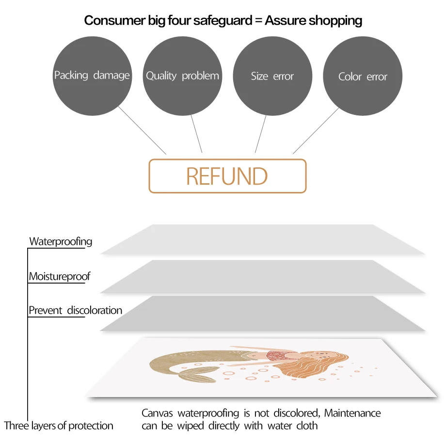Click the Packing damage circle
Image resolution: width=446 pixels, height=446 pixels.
(92, 76)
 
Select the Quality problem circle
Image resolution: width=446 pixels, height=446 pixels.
(182, 76)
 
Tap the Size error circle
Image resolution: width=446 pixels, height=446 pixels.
(272, 76)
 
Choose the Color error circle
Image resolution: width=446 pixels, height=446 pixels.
(363, 76)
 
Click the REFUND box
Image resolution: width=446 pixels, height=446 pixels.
(227, 176)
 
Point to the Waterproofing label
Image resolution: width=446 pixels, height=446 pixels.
(61, 241)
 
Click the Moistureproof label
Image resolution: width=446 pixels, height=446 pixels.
(60, 277)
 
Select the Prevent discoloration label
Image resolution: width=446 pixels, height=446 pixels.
(75, 310)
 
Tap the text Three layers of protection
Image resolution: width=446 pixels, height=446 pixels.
(59, 426)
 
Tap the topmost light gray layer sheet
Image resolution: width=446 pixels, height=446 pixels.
(262, 239)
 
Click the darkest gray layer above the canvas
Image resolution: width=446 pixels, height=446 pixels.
(262, 314)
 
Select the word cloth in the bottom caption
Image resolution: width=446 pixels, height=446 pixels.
(307, 426)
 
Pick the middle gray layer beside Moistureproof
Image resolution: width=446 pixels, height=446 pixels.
(262, 276)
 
